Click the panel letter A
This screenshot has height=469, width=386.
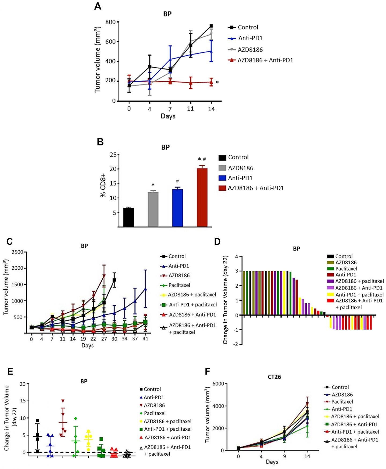[98, 6]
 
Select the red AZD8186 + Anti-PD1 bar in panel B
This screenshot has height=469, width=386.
[202, 197]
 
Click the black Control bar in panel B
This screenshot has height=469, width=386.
[129, 217]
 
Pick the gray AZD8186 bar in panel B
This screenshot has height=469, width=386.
[153, 209]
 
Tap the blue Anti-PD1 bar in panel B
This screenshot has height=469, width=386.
[177, 208]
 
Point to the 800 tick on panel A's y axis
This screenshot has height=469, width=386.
[110, 22]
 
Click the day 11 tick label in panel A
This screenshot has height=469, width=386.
[190, 109]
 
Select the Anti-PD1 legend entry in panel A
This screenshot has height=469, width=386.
[250, 38]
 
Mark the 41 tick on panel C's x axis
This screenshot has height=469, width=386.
[145, 339]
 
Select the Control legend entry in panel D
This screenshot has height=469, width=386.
[344, 256]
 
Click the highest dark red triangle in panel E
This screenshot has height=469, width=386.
[63, 401]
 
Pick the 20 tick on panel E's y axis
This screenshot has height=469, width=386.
[23, 384]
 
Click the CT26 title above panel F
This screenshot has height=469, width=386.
[274, 377]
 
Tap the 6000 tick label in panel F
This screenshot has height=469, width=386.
[218, 384]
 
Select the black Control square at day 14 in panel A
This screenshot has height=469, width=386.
[211, 26]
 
